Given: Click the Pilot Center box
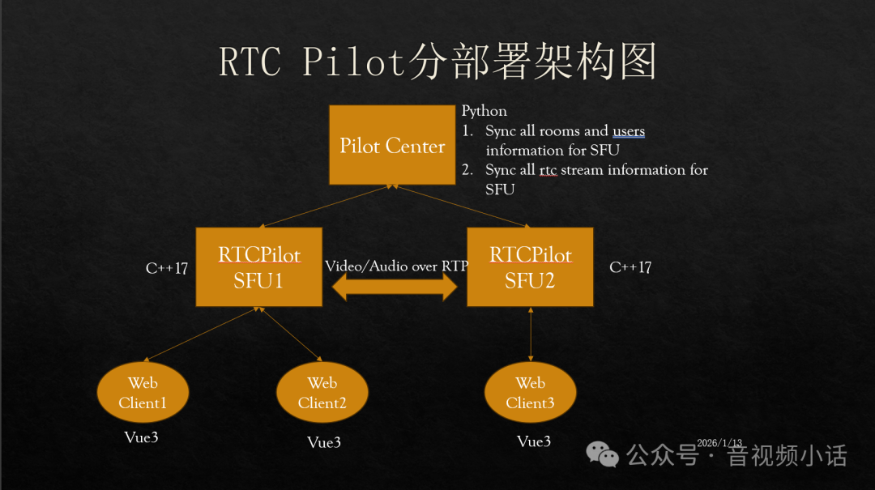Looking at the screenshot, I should (392, 146).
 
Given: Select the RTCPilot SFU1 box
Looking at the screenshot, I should (259, 267).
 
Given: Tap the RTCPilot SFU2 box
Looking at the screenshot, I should (530, 267).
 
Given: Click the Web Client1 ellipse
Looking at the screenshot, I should (143, 393).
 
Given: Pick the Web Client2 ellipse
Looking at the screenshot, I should (322, 393).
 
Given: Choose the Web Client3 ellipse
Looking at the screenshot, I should (530, 393).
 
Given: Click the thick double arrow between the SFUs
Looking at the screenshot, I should (395, 287).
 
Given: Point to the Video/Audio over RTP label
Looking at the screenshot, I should (395, 266).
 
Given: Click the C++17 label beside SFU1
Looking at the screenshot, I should (166, 267).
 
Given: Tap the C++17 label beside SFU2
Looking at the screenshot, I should (630, 266).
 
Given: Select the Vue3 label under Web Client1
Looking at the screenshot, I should (141, 437).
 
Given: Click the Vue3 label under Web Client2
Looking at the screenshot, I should (323, 442).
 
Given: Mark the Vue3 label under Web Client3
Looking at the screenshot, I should (534, 441).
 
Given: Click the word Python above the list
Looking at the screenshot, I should (484, 111).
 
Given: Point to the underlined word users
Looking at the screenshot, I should (629, 130).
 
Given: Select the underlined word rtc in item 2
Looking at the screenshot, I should (548, 170).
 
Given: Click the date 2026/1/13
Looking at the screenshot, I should (719, 443).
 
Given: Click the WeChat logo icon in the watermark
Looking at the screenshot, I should (603, 454).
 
